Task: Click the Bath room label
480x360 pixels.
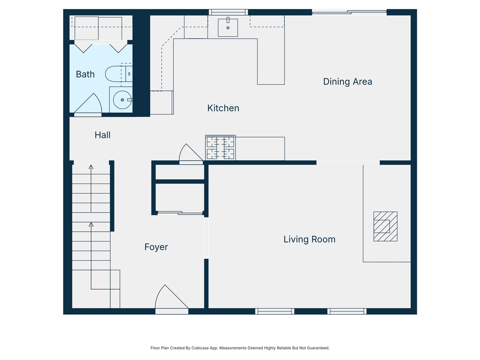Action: [85, 74]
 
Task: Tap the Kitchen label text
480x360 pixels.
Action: [223, 108]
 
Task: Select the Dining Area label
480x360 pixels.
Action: [347, 82]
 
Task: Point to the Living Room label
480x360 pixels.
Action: [309, 239]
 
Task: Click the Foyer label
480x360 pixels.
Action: [156, 247]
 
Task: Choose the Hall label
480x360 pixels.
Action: [102, 135]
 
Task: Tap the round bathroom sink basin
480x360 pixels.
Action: [122, 100]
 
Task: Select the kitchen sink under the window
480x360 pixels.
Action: [228, 27]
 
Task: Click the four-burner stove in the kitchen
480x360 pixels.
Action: [220, 148]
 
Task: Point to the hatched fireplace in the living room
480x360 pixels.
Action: [385, 226]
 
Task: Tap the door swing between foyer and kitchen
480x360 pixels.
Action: [190, 154]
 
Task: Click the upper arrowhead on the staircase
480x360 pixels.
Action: [91, 167]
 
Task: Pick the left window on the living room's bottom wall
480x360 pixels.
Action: [274, 311]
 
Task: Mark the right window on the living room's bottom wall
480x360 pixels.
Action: [347, 311]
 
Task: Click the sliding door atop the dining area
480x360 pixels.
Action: [349, 12]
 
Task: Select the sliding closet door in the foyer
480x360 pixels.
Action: [180, 213]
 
